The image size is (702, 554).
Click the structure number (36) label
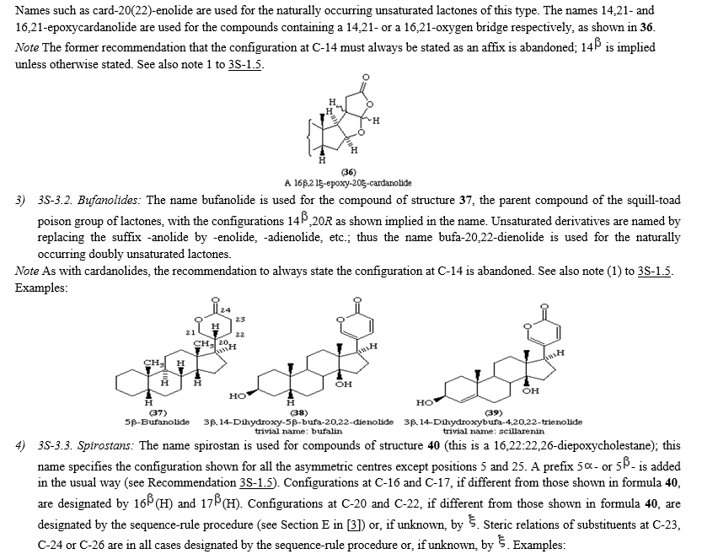(x=348, y=172)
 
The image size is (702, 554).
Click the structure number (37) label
(x=158, y=412)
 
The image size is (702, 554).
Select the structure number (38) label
(x=298, y=412)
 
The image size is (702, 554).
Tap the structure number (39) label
(x=493, y=412)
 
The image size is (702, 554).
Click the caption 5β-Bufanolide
(x=157, y=422)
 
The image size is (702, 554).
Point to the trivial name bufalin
(x=298, y=431)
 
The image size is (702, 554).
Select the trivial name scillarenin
(x=493, y=431)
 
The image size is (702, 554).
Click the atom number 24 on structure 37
(x=226, y=310)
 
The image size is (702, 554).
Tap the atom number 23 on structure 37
(x=240, y=320)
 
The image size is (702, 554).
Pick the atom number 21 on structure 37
(x=190, y=332)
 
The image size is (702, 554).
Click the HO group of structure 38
(x=238, y=396)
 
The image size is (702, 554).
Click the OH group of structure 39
(x=531, y=390)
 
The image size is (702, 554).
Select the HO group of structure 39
(x=425, y=402)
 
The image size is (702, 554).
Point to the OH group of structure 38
(x=343, y=384)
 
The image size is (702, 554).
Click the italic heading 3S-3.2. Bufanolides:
(x=89, y=200)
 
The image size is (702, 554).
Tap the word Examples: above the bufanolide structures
(x=41, y=288)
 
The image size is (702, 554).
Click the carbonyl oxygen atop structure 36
(x=366, y=78)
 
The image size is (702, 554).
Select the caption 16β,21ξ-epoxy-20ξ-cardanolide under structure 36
(x=348, y=183)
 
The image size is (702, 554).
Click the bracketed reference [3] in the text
(x=355, y=524)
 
